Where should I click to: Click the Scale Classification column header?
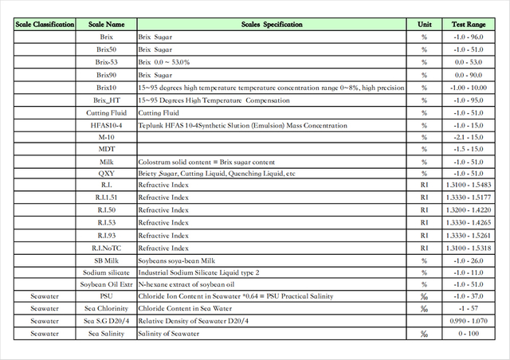[45, 25]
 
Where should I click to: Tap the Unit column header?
[424, 25]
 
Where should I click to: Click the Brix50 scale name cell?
[107, 49]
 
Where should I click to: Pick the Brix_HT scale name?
[107, 100]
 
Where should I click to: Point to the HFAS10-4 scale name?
[107, 125]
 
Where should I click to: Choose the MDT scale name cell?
[107, 149]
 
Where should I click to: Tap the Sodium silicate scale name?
[107, 272]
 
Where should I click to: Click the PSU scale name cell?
[107, 296]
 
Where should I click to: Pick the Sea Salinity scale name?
[107, 334]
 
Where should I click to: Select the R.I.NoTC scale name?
[107, 248]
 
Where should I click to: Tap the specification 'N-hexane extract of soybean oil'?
[186, 284]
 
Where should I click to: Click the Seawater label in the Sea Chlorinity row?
[45, 309]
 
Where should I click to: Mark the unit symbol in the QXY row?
[424, 174]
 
